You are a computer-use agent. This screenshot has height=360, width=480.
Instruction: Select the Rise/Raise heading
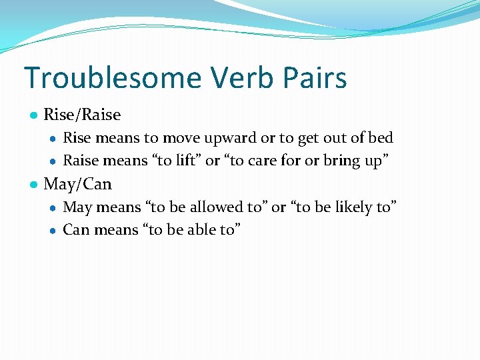(82, 115)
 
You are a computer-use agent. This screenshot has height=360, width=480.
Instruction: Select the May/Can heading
(77, 183)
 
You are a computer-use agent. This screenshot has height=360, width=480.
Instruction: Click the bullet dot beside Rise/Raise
(33, 115)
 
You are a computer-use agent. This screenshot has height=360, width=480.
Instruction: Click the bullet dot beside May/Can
(33, 184)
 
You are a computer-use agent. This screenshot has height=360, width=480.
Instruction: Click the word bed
(381, 138)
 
